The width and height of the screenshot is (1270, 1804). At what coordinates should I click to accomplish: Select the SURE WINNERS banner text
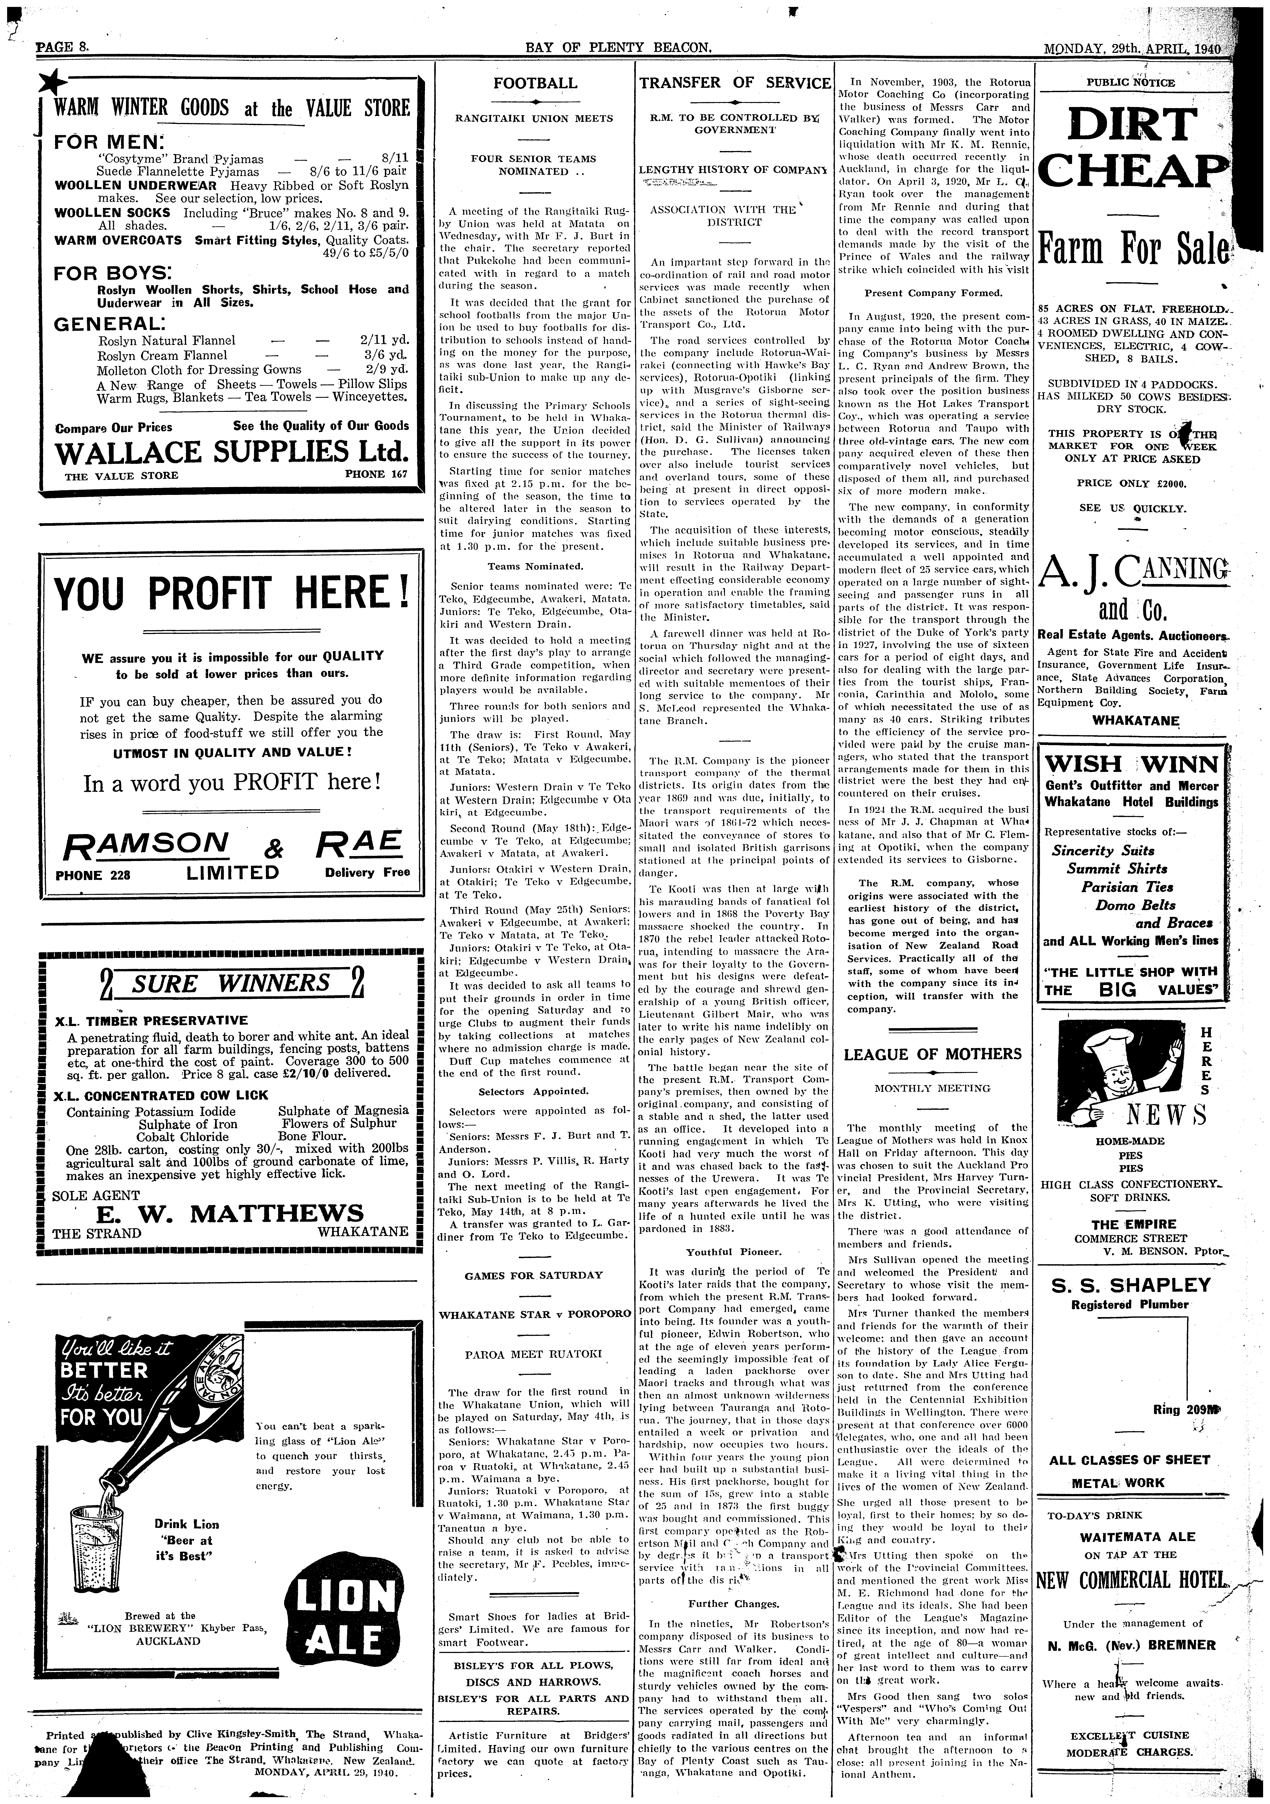[x=230, y=984]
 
